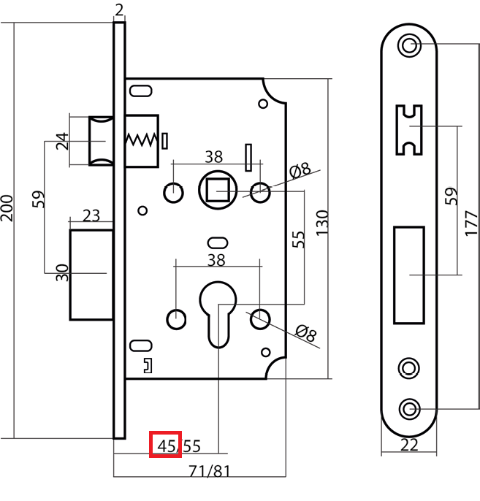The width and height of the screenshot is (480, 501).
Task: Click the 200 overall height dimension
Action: click(x=7, y=208)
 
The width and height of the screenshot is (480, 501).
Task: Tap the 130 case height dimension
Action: click(x=321, y=223)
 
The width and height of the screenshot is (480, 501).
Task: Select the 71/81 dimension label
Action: click(x=210, y=471)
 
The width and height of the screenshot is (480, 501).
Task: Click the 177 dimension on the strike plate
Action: click(x=472, y=223)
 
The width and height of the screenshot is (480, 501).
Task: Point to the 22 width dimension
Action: click(x=409, y=445)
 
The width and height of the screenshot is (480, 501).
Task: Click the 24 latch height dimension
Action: click(x=62, y=141)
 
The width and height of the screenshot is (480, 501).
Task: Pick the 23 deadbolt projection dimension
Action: click(x=91, y=215)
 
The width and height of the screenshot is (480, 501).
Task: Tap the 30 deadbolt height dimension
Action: click(x=62, y=272)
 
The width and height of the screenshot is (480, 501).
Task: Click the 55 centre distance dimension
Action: click(x=298, y=240)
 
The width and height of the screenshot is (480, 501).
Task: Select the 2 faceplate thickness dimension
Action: click(x=119, y=10)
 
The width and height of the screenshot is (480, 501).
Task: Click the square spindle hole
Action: click(x=218, y=190)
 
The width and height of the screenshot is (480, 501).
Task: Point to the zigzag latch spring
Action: click(x=142, y=139)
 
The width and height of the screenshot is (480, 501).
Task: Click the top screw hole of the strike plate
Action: click(x=409, y=45)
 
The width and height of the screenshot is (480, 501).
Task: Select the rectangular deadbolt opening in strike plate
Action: click(x=409, y=275)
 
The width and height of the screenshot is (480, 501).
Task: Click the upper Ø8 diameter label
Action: click(x=300, y=170)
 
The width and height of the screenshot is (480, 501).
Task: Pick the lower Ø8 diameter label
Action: click(x=306, y=333)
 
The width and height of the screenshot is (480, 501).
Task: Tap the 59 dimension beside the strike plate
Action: click(x=451, y=196)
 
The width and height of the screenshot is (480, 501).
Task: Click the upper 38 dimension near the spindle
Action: click(x=214, y=157)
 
